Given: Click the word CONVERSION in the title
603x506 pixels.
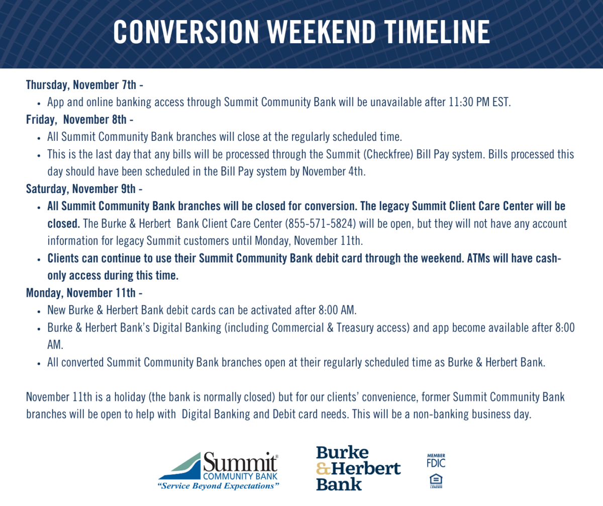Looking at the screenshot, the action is click(x=186, y=32).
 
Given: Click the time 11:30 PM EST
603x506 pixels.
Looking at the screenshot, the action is click(x=480, y=102).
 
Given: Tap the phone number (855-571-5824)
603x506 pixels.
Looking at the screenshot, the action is click(x=320, y=223).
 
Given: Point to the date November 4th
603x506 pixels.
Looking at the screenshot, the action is click(x=334, y=172).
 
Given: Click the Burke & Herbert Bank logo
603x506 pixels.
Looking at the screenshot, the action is click(x=358, y=468).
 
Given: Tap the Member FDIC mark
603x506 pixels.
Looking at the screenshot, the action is click(x=436, y=461).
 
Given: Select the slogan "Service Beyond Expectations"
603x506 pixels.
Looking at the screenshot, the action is click(x=218, y=486).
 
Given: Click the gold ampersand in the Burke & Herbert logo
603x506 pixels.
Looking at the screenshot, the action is click(x=324, y=469).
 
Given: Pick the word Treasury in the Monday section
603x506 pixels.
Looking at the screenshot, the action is click(x=355, y=328).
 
